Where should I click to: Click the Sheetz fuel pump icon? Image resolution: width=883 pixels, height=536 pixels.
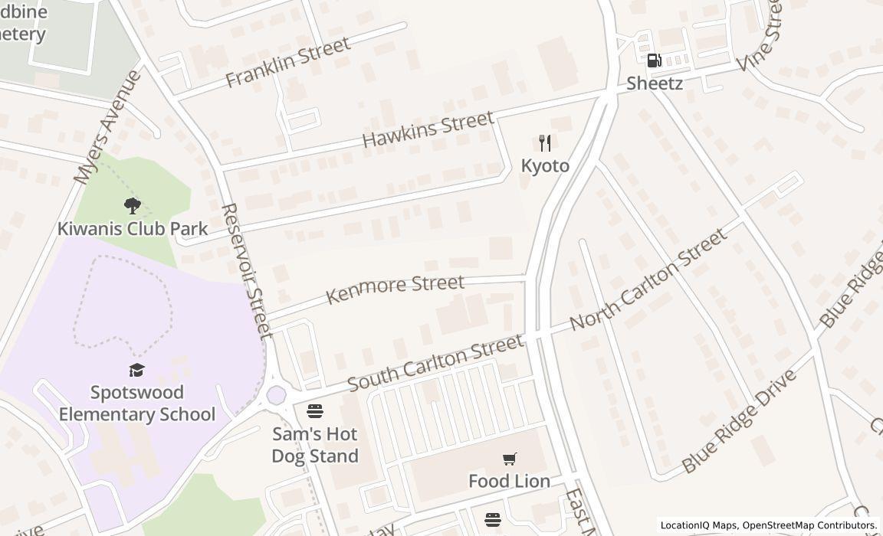pyautogui.click(x=655, y=60)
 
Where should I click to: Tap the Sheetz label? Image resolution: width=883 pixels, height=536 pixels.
pyautogui.click(x=655, y=83)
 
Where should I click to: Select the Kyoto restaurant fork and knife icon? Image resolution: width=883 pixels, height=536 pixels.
pyautogui.click(x=545, y=142)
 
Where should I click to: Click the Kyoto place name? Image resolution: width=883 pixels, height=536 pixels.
pyautogui.click(x=545, y=165)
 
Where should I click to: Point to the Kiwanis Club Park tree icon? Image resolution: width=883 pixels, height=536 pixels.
pyautogui.click(x=133, y=205)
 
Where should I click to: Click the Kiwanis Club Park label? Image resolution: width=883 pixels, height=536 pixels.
pyautogui.click(x=133, y=228)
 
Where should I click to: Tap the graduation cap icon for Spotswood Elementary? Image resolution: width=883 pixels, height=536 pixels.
pyautogui.click(x=137, y=370)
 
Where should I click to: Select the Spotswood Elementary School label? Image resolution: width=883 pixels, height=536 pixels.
pyautogui.click(x=137, y=404)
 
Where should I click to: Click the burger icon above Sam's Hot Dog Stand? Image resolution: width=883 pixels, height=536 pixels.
pyautogui.click(x=315, y=411)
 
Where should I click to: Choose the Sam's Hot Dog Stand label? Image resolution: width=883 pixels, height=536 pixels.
pyautogui.click(x=315, y=445)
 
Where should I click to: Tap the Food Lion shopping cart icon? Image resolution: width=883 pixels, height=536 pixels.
pyautogui.click(x=510, y=459)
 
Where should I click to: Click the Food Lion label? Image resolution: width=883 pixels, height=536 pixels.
pyautogui.click(x=510, y=481)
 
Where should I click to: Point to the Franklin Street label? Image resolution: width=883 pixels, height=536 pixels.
pyautogui.click(x=288, y=60)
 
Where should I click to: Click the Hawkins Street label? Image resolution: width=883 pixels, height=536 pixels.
pyautogui.click(x=428, y=129)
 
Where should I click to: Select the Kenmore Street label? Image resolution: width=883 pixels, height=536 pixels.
pyautogui.click(x=395, y=289)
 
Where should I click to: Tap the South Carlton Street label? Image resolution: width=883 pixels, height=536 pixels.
pyautogui.click(x=435, y=361)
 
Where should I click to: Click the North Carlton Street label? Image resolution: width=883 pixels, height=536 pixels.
pyautogui.click(x=648, y=279)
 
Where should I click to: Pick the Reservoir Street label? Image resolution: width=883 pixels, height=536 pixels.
pyautogui.click(x=246, y=271)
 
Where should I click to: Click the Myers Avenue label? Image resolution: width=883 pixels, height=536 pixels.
pyautogui.click(x=107, y=127)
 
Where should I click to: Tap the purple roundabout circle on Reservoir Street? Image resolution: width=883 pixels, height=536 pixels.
pyautogui.click(x=276, y=395)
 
